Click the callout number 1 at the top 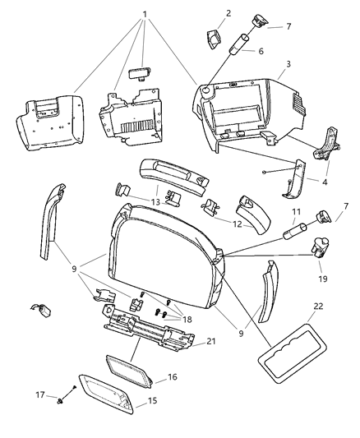pyautogui.click(x=145, y=15)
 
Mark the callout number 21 pyautogui.click(x=211, y=343)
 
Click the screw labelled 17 pyautogui.click(x=65, y=403)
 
